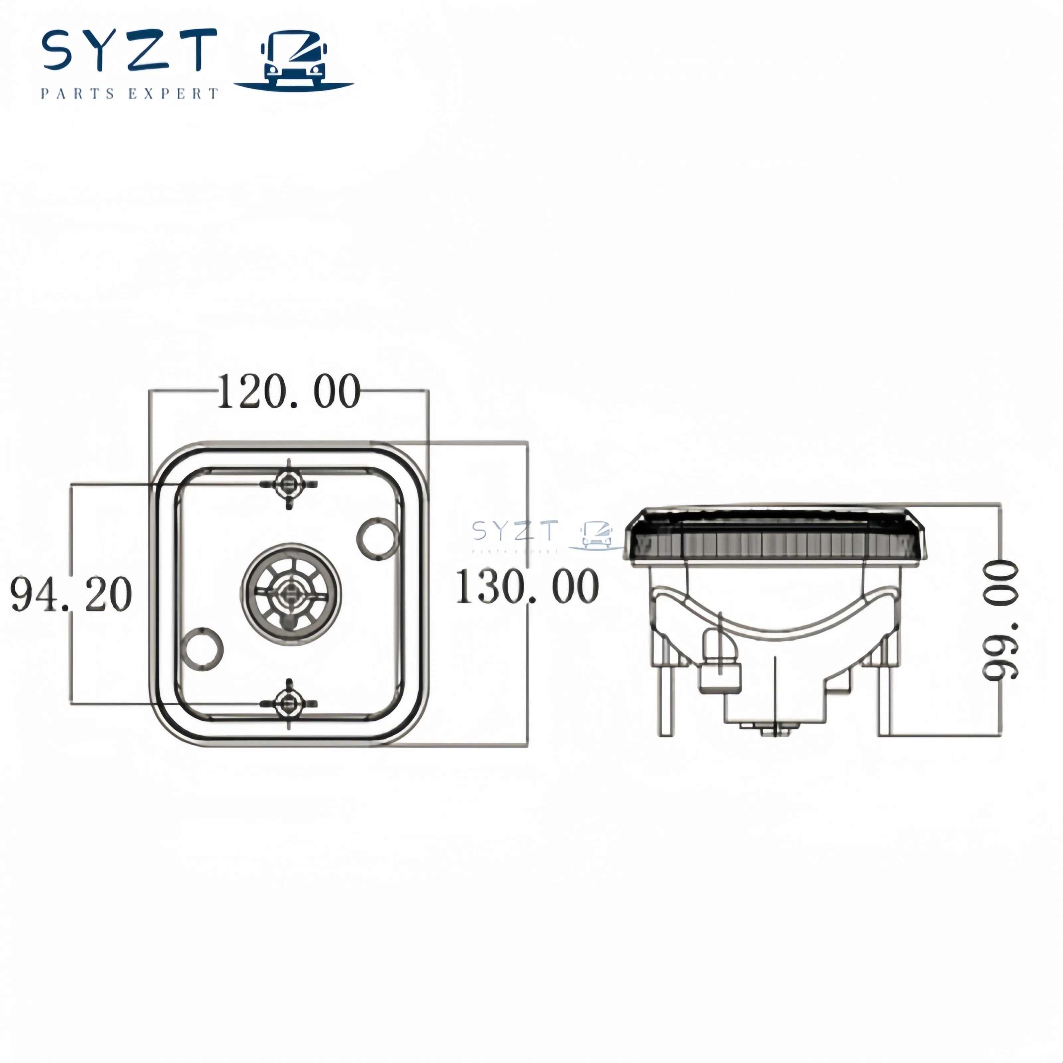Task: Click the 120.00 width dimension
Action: tap(289, 391)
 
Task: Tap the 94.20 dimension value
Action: tap(71, 594)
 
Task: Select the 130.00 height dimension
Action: tap(527, 587)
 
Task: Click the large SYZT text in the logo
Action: tap(129, 50)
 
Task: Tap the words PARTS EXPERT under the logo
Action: tap(129, 94)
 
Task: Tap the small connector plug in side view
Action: tap(719, 668)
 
